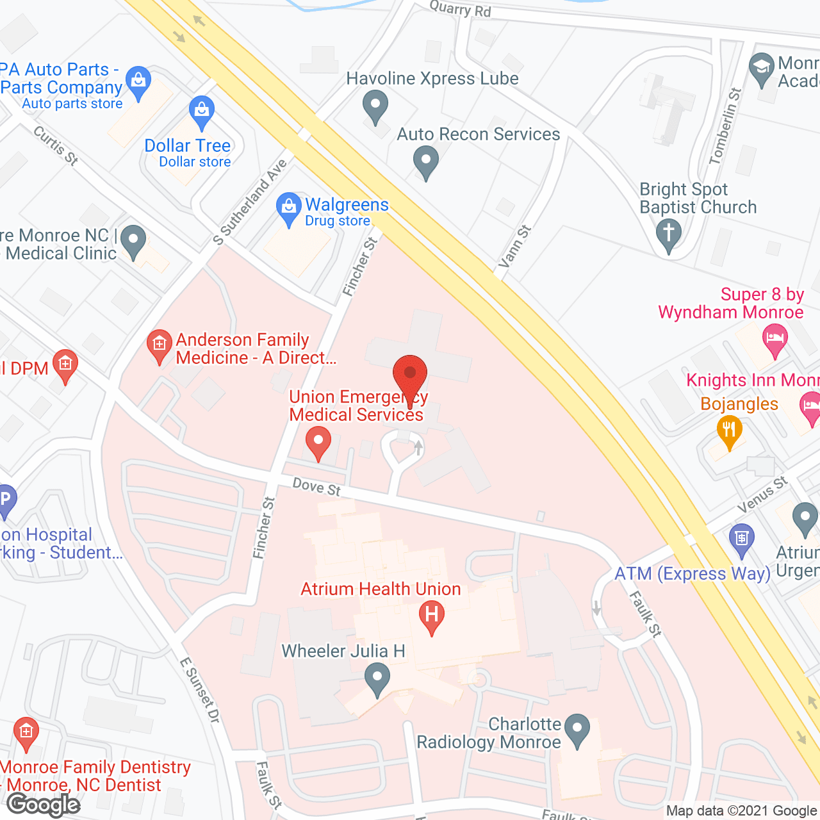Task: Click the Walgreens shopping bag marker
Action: click(289, 208)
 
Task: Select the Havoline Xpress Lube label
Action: click(432, 79)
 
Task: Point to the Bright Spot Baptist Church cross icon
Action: click(668, 233)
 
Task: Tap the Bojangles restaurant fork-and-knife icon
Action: click(729, 430)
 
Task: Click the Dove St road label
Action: click(316, 488)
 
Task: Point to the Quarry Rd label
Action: click(460, 8)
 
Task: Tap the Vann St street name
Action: click(514, 247)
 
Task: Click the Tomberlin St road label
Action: click(725, 126)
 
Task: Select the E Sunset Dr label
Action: click(200, 691)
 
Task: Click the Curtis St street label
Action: click(56, 145)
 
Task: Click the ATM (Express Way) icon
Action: click(742, 538)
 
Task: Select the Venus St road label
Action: click(762, 495)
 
